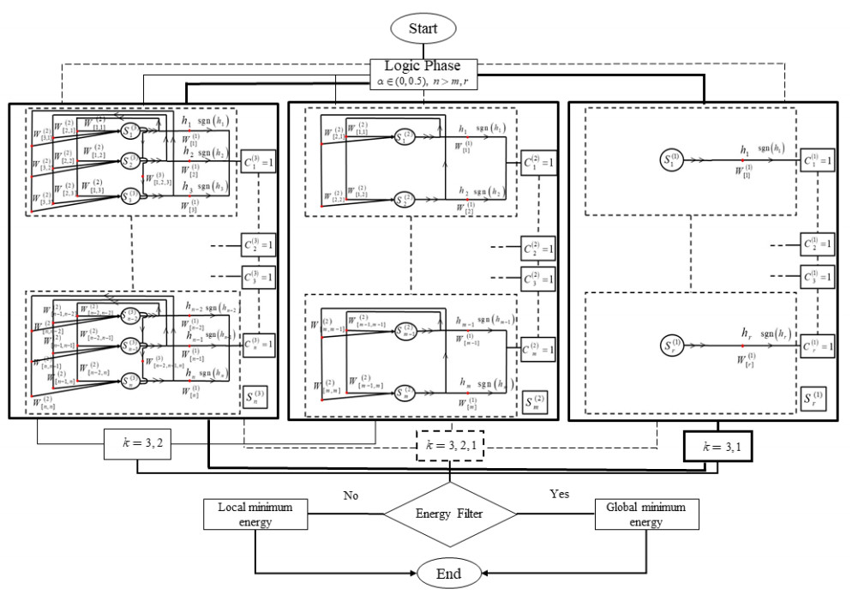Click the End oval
click(x=451, y=572)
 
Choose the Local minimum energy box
click(x=256, y=514)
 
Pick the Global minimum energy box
click(x=646, y=514)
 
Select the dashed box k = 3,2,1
click(x=451, y=446)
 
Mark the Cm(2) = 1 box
click(x=538, y=350)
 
